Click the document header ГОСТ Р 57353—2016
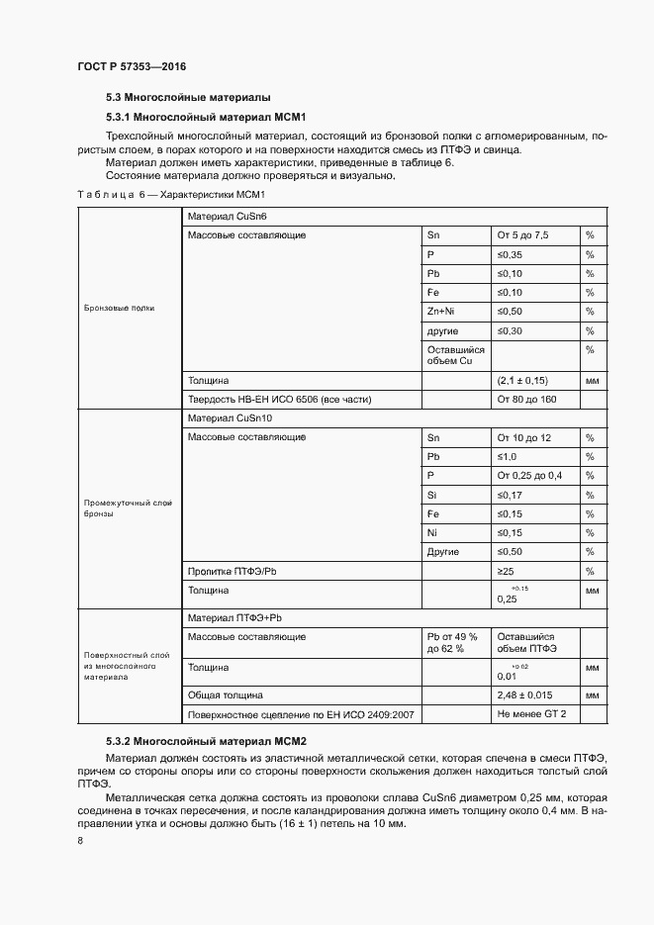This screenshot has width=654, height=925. tap(131, 66)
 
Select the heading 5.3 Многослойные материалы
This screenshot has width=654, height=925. tap(188, 98)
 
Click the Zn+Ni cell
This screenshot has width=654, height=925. tap(440, 312)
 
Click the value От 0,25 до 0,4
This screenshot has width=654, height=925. tap(529, 476)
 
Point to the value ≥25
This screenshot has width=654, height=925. tap(507, 572)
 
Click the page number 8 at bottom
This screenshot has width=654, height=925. tap(79, 841)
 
